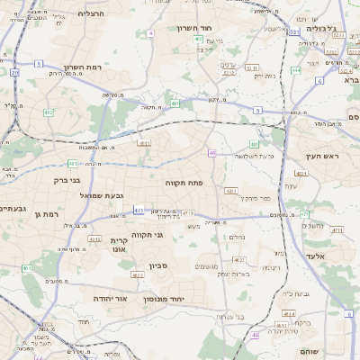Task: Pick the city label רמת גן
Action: click(x=43, y=214)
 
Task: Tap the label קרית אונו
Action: click(x=121, y=247)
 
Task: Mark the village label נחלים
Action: click(x=238, y=238)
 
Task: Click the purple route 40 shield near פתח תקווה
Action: click(x=211, y=154)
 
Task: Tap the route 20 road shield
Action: click(x=14, y=71)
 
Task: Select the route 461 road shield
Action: click(x=27, y=268)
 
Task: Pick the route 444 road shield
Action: click(x=297, y=69)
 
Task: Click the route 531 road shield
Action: click(x=294, y=32)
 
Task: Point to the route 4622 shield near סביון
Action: click(x=138, y=274)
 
